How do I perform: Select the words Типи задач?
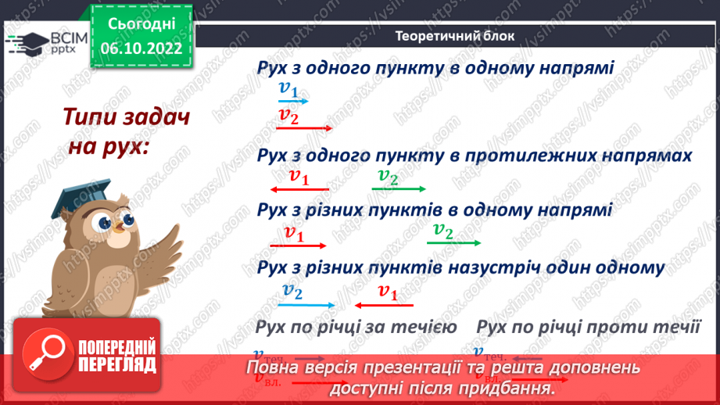coord(127,119)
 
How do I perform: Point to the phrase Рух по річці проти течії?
coord(587,325)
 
